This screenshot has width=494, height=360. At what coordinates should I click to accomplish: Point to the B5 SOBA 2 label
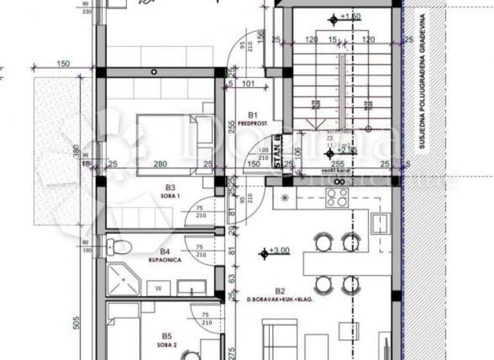[167, 340]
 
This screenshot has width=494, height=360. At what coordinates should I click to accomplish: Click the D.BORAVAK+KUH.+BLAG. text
[280, 300]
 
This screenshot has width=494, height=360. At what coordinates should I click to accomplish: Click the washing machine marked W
[158, 289]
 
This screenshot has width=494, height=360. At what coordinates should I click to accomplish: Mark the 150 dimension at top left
[63, 63]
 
